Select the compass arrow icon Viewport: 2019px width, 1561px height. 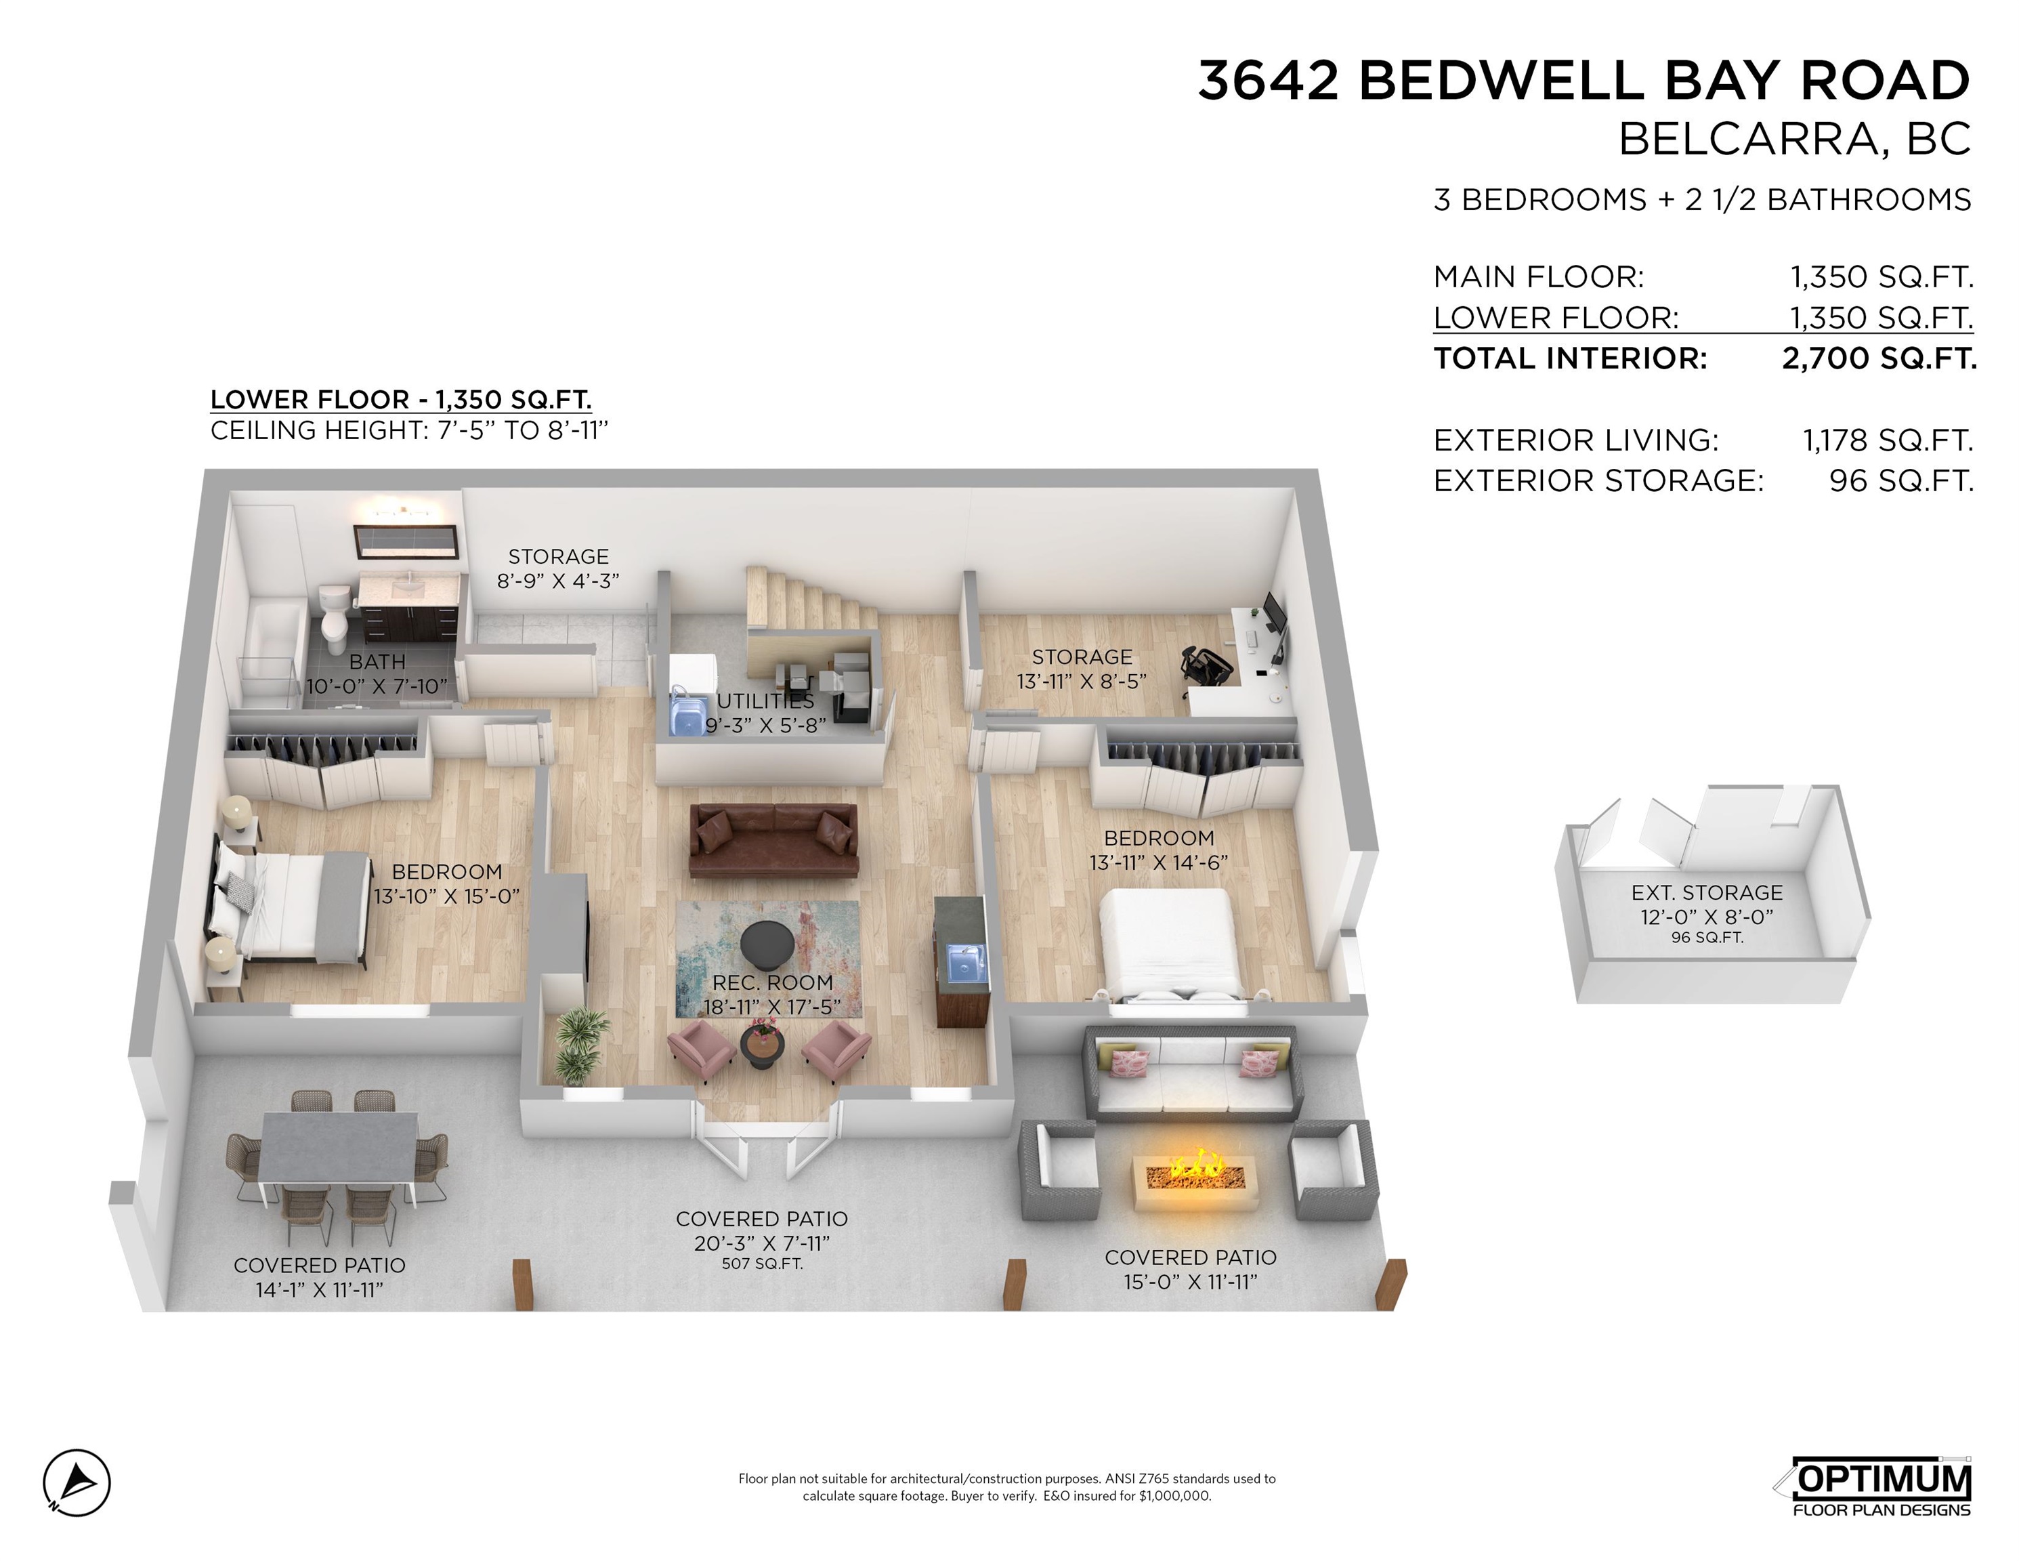tap(77, 1482)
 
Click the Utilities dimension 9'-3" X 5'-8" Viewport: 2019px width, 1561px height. tap(765, 725)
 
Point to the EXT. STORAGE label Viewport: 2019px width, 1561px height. tap(1707, 892)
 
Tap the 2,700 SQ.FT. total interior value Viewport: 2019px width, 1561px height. tap(1879, 358)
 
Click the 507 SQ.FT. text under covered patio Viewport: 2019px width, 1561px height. tap(762, 1263)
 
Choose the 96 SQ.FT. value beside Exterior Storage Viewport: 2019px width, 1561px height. tap(1900, 480)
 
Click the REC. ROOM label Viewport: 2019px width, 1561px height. tap(772, 982)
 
